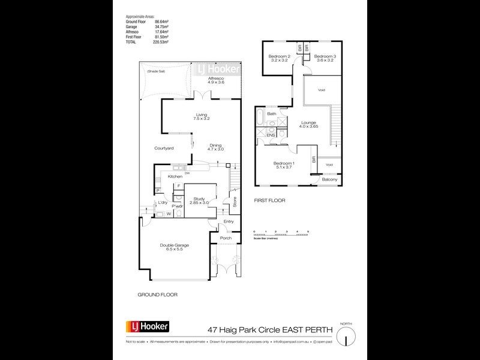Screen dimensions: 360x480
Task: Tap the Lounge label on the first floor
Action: pyautogui.click(x=310, y=123)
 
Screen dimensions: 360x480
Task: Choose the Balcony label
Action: pyautogui.click(x=329, y=179)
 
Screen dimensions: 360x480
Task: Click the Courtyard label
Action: pyautogui.click(x=164, y=148)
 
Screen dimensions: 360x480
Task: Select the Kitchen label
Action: pyautogui.click(x=175, y=176)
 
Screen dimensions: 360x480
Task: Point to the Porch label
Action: pyautogui.click(x=226, y=238)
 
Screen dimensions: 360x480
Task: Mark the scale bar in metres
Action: pyautogui.click(x=281, y=235)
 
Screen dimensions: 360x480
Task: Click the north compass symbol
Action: pyautogui.click(x=344, y=338)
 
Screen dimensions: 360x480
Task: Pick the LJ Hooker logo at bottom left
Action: pyautogui.click(x=147, y=327)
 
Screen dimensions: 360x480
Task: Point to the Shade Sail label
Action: pyautogui.click(x=158, y=73)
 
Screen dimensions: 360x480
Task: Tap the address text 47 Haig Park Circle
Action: pyautogui.click(x=240, y=328)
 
